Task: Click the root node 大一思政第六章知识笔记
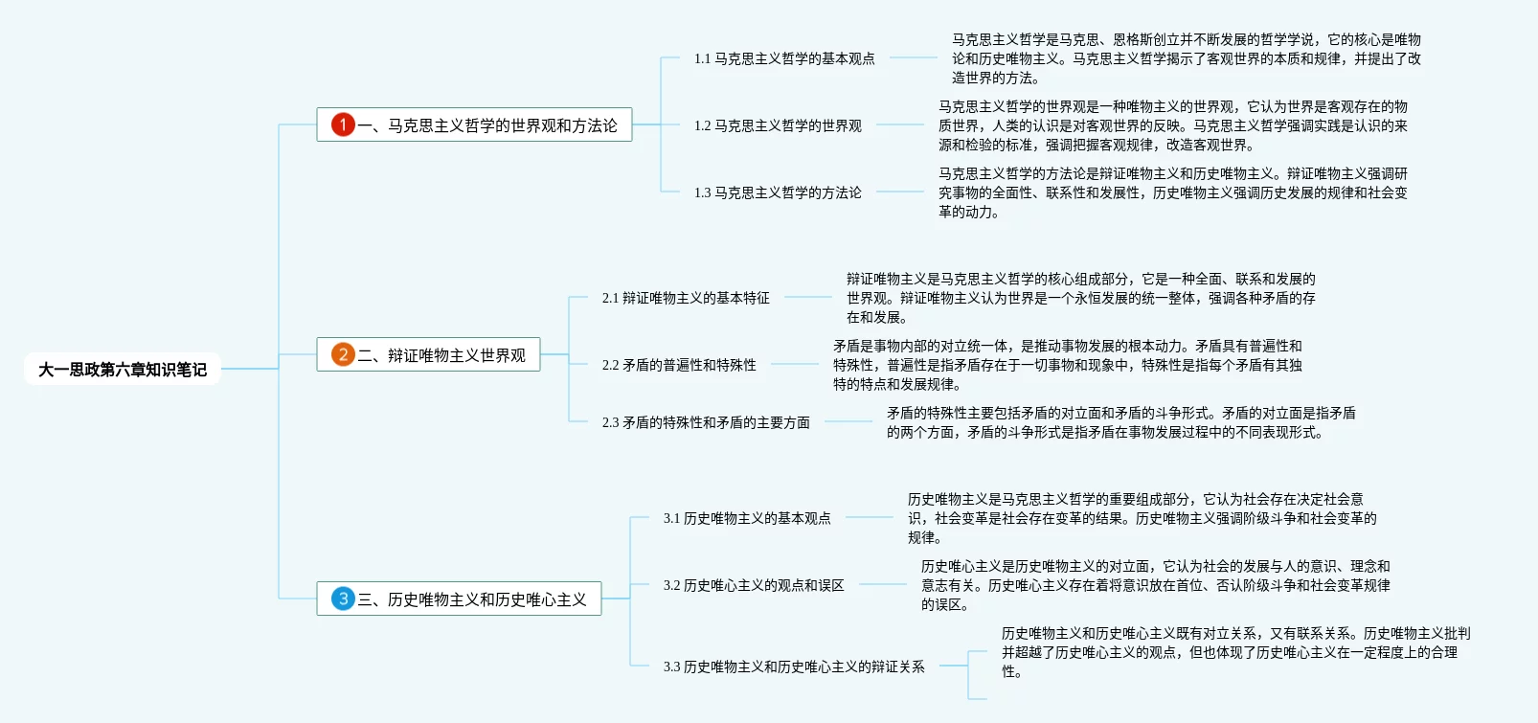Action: coord(123,370)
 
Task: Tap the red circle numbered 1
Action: coord(343,124)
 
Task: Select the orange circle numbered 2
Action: coord(343,354)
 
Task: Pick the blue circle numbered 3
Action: coord(343,599)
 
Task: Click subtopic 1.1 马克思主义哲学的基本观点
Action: coord(784,58)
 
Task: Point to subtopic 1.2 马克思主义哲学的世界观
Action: coord(778,125)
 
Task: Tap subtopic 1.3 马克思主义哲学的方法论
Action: coord(778,192)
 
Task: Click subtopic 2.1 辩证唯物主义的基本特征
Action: coord(686,298)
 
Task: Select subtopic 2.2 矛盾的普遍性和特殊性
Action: coord(679,365)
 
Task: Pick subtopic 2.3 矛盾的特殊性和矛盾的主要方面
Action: coord(706,422)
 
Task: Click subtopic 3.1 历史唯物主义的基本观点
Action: coord(747,518)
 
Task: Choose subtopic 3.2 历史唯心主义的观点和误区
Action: coord(754,585)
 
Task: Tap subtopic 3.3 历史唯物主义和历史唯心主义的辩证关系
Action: coord(794,667)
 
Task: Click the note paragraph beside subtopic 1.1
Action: coord(1186,58)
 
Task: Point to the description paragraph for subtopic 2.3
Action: coord(1120,422)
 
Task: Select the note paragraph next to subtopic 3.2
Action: coord(1155,585)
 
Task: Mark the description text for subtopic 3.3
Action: coord(1235,652)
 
